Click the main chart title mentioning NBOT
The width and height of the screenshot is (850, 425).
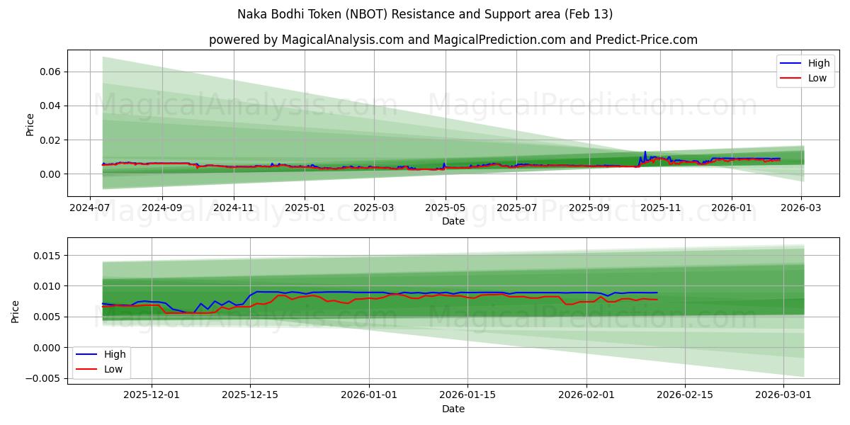click(425, 14)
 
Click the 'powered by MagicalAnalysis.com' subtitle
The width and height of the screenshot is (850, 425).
click(453, 40)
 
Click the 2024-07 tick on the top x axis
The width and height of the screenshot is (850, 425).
click(90, 208)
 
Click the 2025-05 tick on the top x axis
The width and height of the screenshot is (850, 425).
click(446, 208)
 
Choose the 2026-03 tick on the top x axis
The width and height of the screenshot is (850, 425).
click(801, 208)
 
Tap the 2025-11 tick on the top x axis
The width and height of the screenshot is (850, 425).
click(660, 208)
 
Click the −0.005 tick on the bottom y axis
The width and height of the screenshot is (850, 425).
click(40, 378)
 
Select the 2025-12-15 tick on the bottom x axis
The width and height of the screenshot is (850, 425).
click(249, 395)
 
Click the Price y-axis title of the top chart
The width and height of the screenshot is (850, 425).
click(30, 124)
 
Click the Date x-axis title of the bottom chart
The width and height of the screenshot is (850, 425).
click(453, 409)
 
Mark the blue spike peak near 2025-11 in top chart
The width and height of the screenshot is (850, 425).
click(645, 152)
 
